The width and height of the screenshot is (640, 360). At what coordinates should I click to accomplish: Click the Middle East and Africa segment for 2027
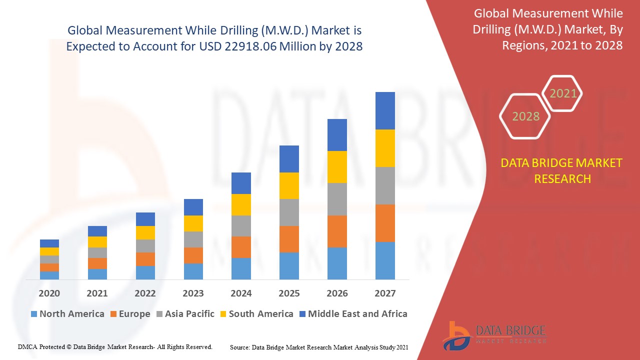385,110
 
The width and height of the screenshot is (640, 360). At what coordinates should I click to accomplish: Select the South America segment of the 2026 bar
337,167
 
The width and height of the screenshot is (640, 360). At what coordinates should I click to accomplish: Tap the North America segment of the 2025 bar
289,265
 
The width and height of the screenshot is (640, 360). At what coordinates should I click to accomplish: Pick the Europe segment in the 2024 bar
241,247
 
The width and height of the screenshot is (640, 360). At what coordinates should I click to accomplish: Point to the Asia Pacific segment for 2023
193,239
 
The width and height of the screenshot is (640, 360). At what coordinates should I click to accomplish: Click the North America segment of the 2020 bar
49,275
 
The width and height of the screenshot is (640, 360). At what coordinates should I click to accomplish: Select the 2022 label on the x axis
145,293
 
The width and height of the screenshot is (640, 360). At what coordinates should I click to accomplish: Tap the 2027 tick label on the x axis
385,293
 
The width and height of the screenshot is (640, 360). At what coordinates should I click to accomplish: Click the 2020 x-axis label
49,293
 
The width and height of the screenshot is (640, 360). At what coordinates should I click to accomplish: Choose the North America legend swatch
34,314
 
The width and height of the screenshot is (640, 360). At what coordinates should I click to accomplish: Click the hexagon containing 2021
563,93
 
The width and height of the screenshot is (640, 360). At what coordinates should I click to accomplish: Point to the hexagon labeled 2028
525,116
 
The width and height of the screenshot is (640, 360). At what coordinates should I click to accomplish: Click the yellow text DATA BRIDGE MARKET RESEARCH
562,170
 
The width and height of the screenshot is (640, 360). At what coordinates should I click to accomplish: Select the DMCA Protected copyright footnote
115,346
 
